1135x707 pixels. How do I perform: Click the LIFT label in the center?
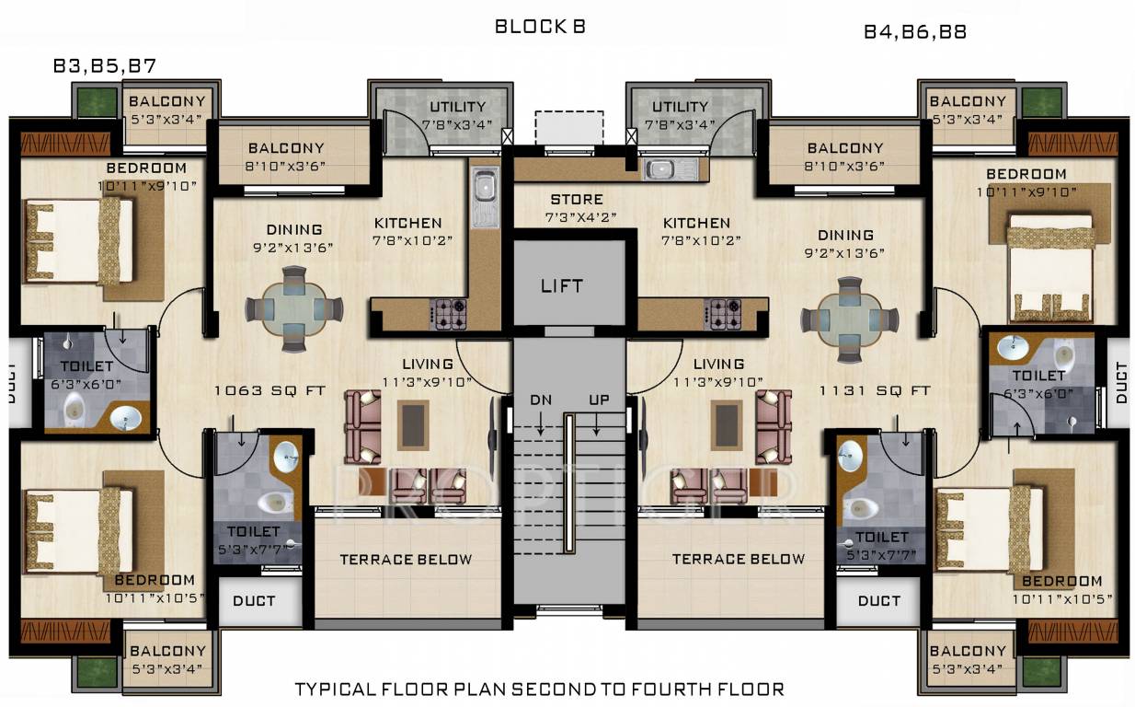click(561, 285)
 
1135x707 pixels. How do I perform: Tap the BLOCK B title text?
click(540, 27)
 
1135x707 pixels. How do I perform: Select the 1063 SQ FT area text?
click(269, 390)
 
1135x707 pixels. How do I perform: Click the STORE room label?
click(577, 200)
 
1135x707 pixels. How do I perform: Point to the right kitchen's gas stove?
click(723, 314)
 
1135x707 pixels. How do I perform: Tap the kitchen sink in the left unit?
click(484, 196)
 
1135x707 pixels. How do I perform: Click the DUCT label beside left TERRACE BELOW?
click(255, 601)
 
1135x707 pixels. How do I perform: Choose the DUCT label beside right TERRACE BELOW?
click(879, 601)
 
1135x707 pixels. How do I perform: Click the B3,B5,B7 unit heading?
click(104, 66)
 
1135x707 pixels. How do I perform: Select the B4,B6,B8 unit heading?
click(914, 32)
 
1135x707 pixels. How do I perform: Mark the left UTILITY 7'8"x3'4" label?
click(457, 115)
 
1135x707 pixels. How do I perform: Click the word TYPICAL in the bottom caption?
click(334, 689)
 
